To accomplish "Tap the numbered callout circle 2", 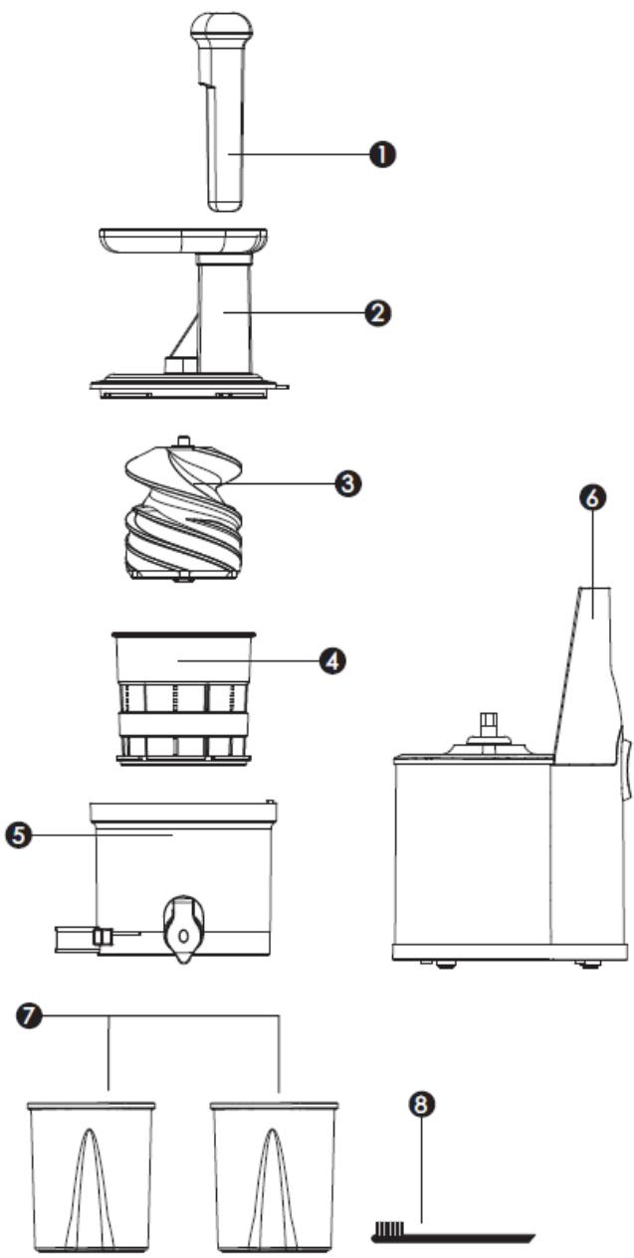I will tap(377, 313).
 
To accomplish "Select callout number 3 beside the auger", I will tap(347, 483).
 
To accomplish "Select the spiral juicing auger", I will tap(182, 517).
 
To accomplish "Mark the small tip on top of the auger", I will tap(182, 439).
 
